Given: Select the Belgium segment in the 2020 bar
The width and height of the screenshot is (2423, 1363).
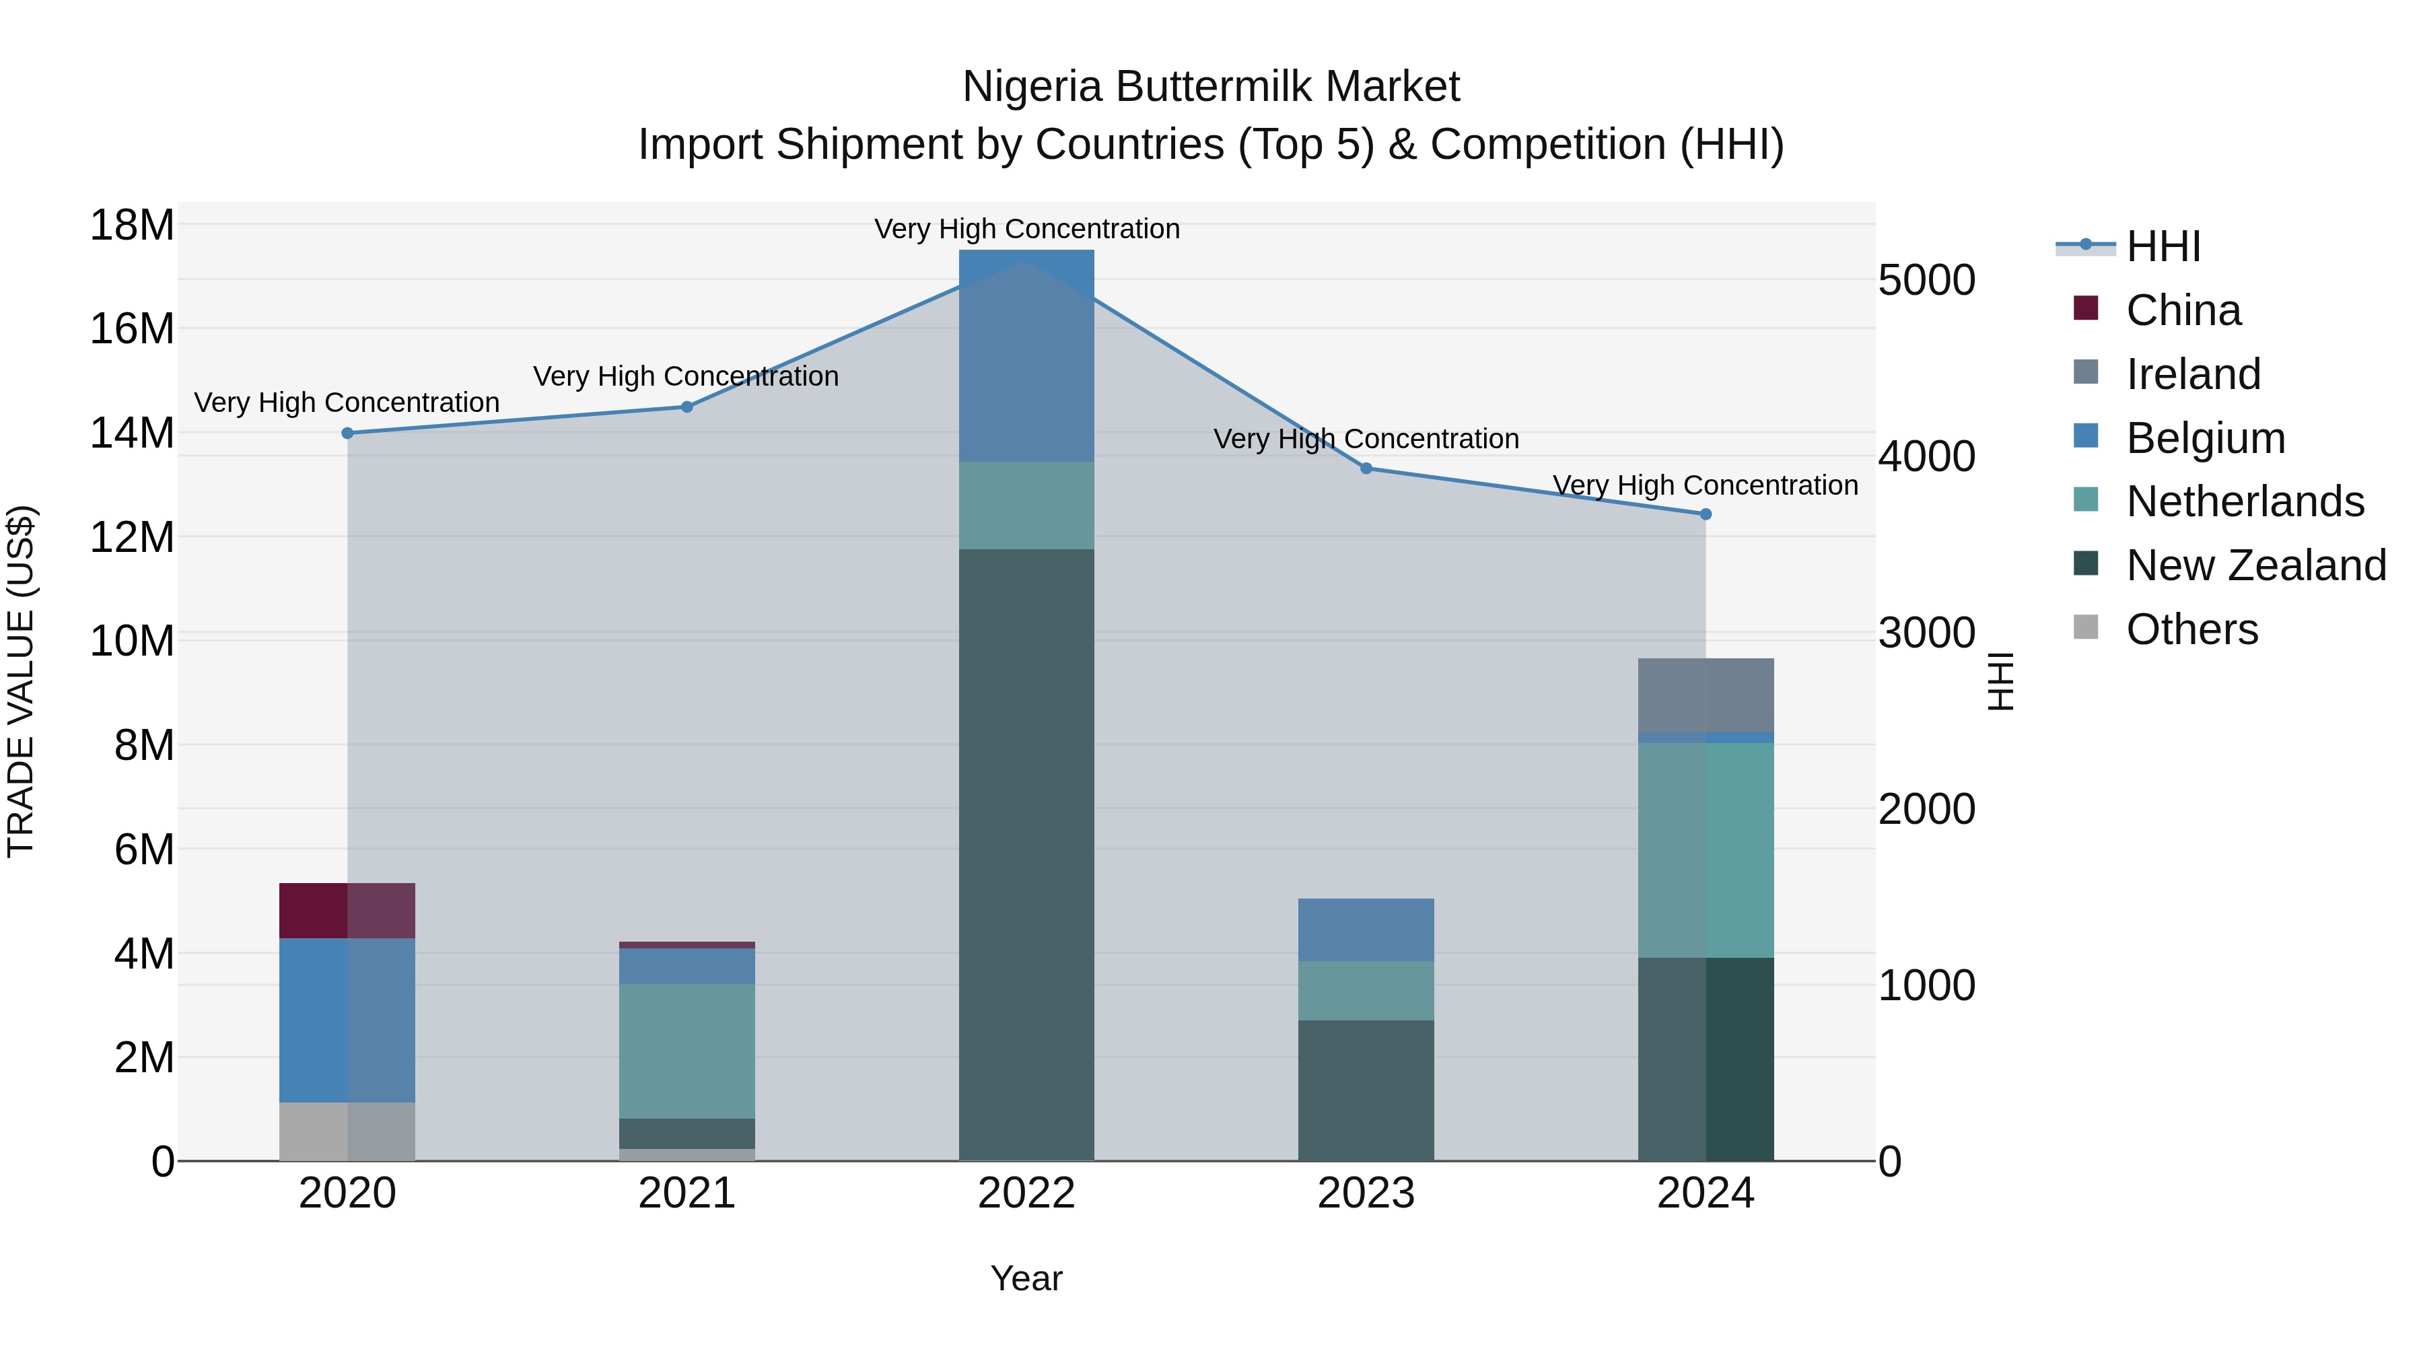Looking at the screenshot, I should [x=347, y=1020].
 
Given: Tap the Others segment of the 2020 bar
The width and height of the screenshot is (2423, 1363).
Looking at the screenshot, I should [x=347, y=1131].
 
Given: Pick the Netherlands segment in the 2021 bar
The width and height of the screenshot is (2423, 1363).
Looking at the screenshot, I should [x=687, y=1051].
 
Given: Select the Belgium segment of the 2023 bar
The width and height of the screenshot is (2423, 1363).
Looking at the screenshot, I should [x=1366, y=930].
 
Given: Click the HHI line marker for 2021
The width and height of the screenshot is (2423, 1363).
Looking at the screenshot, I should [x=687, y=407].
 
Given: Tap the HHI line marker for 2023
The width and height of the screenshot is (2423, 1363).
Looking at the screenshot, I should [x=1366, y=468].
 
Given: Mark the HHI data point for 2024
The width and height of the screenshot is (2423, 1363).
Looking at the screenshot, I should [x=1706, y=514].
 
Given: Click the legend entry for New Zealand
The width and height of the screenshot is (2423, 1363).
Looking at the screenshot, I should [x=2255, y=565].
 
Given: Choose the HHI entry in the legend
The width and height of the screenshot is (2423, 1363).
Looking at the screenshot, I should [x=2163, y=246].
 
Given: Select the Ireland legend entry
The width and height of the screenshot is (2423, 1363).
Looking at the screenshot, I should [x=2193, y=374].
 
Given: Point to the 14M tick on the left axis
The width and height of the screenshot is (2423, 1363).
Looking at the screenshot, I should [x=132, y=433].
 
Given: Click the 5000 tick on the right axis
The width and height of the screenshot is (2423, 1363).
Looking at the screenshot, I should [x=1926, y=280].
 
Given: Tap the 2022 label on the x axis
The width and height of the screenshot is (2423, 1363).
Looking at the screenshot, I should [x=1026, y=1193].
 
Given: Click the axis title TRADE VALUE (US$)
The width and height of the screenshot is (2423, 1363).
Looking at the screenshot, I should [x=21, y=681].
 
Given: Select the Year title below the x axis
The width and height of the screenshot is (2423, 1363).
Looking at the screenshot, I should [x=1026, y=1278].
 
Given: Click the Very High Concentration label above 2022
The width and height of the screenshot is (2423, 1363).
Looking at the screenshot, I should [x=1026, y=229].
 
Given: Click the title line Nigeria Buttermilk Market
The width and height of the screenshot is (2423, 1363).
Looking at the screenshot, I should [x=1211, y=87].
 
